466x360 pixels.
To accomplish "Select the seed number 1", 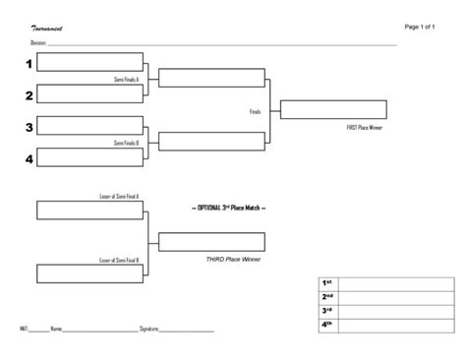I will (x=29, y=64).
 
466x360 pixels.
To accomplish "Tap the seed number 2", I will (x=29, y=95).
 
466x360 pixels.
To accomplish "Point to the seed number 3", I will (x=29, y=127).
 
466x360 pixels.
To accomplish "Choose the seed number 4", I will (x=29, y=158).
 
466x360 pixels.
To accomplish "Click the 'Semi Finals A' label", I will (x=126, y=79).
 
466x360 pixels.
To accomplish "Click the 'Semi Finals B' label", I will (x=126, y=143).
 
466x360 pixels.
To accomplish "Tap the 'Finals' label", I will (x=255, y=111).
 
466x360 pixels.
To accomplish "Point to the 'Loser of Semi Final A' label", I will (x=119, y=197).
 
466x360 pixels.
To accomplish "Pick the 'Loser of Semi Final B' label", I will (x=119, y=260).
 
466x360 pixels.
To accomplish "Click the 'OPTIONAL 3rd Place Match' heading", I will (x=227, y=209).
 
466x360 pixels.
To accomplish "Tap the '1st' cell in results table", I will (x=327, y=282).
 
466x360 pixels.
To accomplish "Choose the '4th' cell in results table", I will (x=327, y=324).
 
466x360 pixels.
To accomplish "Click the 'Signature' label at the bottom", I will (x=149, y=328).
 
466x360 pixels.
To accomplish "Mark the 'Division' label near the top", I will (x=39, y=44).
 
